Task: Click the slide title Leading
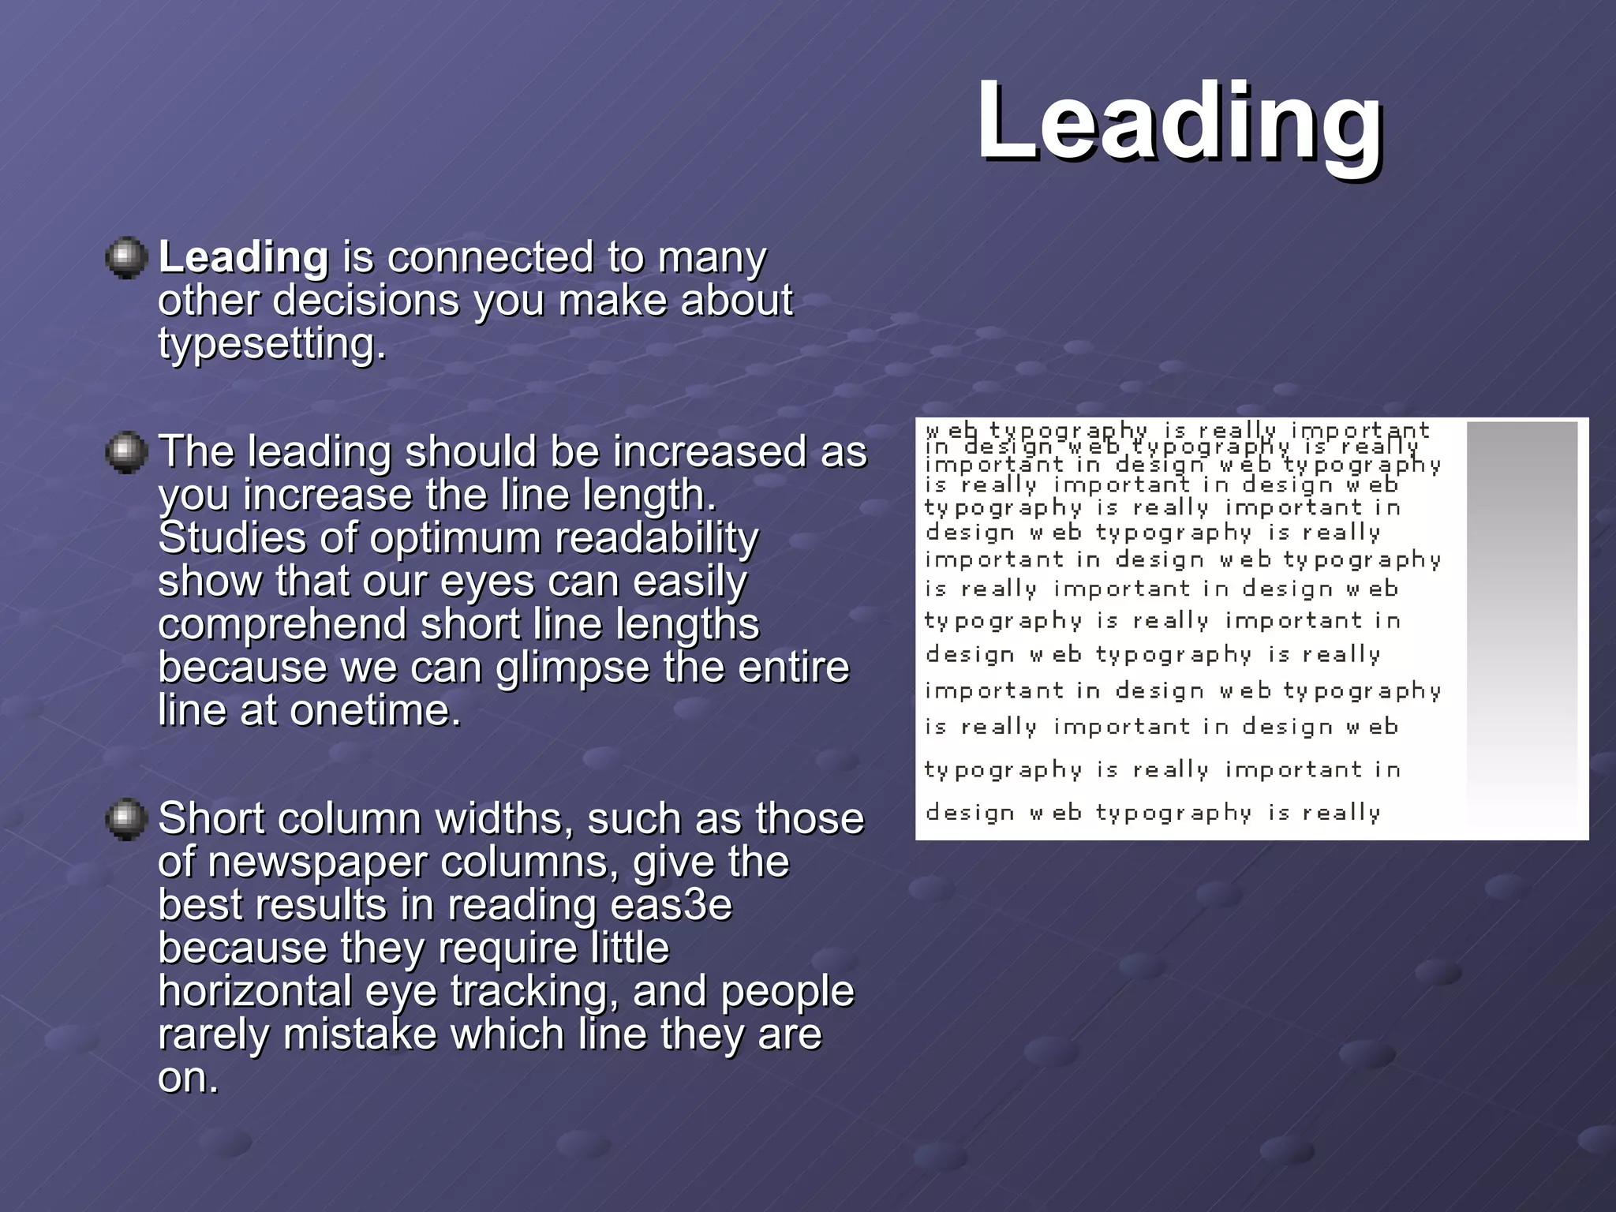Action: (1179, 122)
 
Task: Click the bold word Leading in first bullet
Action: (243, 257)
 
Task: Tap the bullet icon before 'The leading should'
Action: (126, 452)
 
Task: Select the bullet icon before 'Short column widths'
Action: (126, 819)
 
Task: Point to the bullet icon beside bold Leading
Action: (126, 258)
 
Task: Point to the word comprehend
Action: (282, 624)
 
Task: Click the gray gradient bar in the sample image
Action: (1521, 623)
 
